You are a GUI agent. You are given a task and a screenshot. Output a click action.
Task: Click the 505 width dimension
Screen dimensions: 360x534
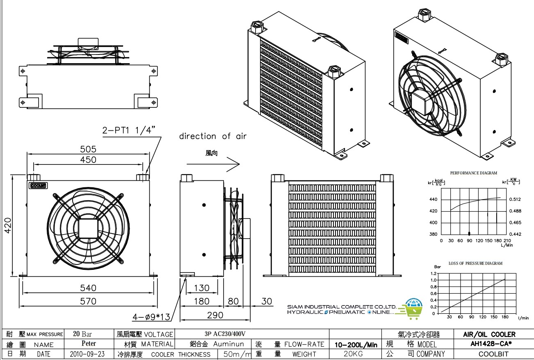pos(88,148)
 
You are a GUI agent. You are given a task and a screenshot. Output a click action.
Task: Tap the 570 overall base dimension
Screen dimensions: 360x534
pos(88,301)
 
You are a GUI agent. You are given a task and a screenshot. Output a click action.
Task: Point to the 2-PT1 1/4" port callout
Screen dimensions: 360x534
pos(128,131)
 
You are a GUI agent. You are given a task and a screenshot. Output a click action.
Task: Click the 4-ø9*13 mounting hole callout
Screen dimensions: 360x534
pos(151,317)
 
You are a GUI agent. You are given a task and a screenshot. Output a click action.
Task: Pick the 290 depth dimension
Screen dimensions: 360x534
pos(215,315)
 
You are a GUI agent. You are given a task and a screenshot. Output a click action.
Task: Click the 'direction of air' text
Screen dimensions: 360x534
pos(213,136)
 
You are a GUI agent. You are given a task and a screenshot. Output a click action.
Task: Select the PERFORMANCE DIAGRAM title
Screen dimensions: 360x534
pos(473,173)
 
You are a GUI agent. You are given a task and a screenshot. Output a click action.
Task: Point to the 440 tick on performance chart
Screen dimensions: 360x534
pos(433,200)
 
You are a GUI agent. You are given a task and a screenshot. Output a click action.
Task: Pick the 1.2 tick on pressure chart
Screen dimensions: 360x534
pos(434,273)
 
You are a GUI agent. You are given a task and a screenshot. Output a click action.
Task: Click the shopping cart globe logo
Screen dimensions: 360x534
pos(413,308)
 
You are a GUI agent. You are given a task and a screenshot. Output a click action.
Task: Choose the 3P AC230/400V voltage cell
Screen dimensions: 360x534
pos(225,334)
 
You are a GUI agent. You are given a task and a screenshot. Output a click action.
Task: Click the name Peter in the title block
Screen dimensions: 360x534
pos(89,344)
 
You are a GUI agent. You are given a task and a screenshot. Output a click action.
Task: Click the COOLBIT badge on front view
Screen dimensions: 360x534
pos(38,185)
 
